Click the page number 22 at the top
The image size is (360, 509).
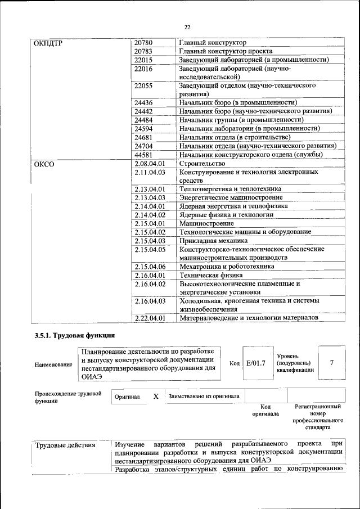(187, 27)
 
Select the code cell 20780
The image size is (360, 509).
(143, 43)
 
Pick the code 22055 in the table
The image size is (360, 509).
(143, 86)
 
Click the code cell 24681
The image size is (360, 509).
(143, 137)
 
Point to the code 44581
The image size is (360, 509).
(143, 155)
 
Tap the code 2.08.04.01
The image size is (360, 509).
(149, 164)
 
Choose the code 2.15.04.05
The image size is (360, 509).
(150, 249)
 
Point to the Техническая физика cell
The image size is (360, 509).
(211, 276)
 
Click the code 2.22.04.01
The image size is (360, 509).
(150, 318)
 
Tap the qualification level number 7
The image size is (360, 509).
(331, 363)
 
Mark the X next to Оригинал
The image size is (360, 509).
(156, 397)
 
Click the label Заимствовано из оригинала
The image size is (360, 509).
(204, 397)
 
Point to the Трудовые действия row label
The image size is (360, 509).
(65, 446)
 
